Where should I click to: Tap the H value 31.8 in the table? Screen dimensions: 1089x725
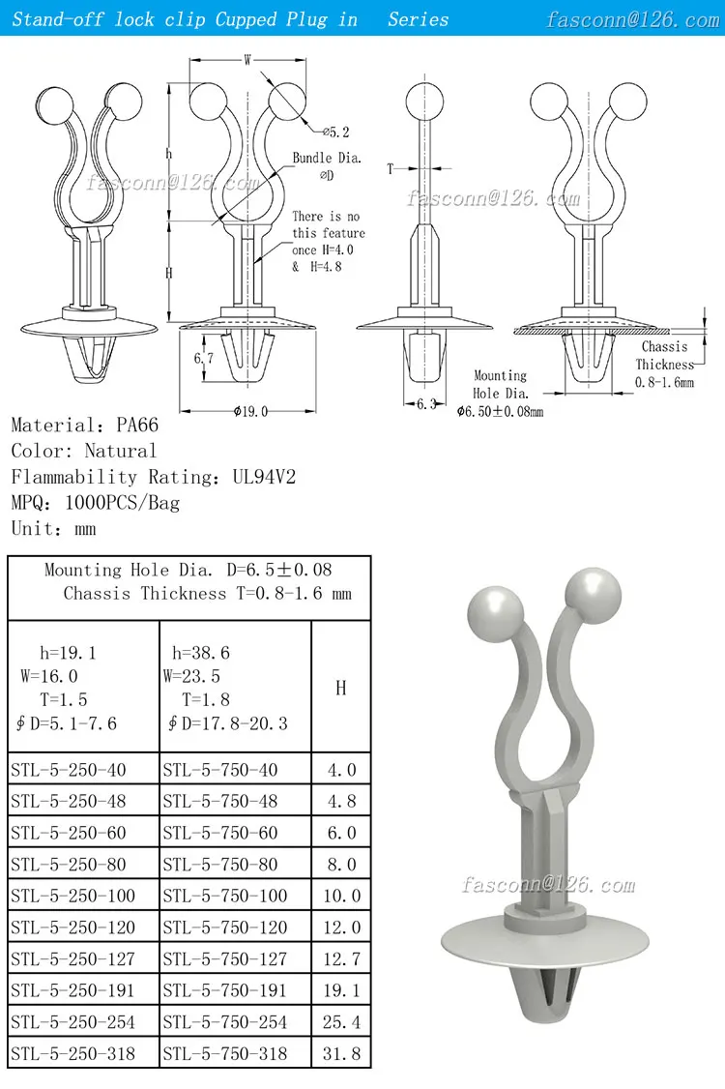coord(341,1053)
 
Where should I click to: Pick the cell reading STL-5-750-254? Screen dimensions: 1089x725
coord(224,1021)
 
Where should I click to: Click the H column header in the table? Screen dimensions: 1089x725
coord(341,688)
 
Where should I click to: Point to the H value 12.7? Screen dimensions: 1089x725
coord(341,958)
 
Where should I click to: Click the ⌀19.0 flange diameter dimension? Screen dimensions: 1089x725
coord(249,411)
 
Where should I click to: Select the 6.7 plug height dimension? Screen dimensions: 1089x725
coord(203,358)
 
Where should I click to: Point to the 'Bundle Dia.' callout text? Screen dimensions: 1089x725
coord(327,158)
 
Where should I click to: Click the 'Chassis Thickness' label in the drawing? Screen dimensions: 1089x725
coord(665,356)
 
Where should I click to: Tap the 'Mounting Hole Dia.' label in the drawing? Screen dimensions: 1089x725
coord(500,384)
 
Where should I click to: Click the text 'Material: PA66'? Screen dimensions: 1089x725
coord(85,425)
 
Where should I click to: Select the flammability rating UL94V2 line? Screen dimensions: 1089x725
coord(154,477)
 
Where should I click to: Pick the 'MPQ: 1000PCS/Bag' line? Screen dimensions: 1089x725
coord(96,503)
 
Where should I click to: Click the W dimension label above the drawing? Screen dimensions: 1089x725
coord(247,60)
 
